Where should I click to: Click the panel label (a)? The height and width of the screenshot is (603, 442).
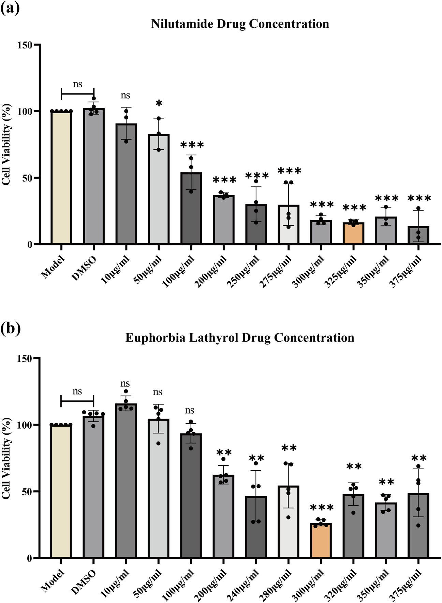pyautogui.click(x=10, y=8)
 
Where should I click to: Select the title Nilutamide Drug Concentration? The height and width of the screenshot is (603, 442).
pyautogui.click(x=240, y=24)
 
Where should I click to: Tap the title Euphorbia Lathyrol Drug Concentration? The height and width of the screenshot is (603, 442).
pyautogui.click(x=240, y=338)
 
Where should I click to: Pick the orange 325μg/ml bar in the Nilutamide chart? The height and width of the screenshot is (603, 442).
pyautogui.click(x=353, y=233)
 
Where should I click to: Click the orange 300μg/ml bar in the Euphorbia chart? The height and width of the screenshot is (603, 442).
pyautogui.click(x=321, y=541)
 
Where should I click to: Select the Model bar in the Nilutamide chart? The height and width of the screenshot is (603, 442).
pyautogui.click(x=61, y=177)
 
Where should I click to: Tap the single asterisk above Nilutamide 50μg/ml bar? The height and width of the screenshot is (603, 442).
pyautogui.click(x=158, y=104)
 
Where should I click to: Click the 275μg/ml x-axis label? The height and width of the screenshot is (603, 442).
pyautogui.click(x=275, y=272)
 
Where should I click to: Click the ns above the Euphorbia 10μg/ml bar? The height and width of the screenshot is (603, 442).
pyautogui.click(x=125, y=384)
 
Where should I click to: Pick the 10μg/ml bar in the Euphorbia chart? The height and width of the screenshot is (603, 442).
pyautogui.click(x=126, y=481)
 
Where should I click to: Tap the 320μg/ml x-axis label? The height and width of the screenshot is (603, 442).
pyautogui.click(x=340, y=586)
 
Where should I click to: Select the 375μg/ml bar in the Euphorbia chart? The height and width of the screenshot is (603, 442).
pyautogui.click(x=418, y=526)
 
